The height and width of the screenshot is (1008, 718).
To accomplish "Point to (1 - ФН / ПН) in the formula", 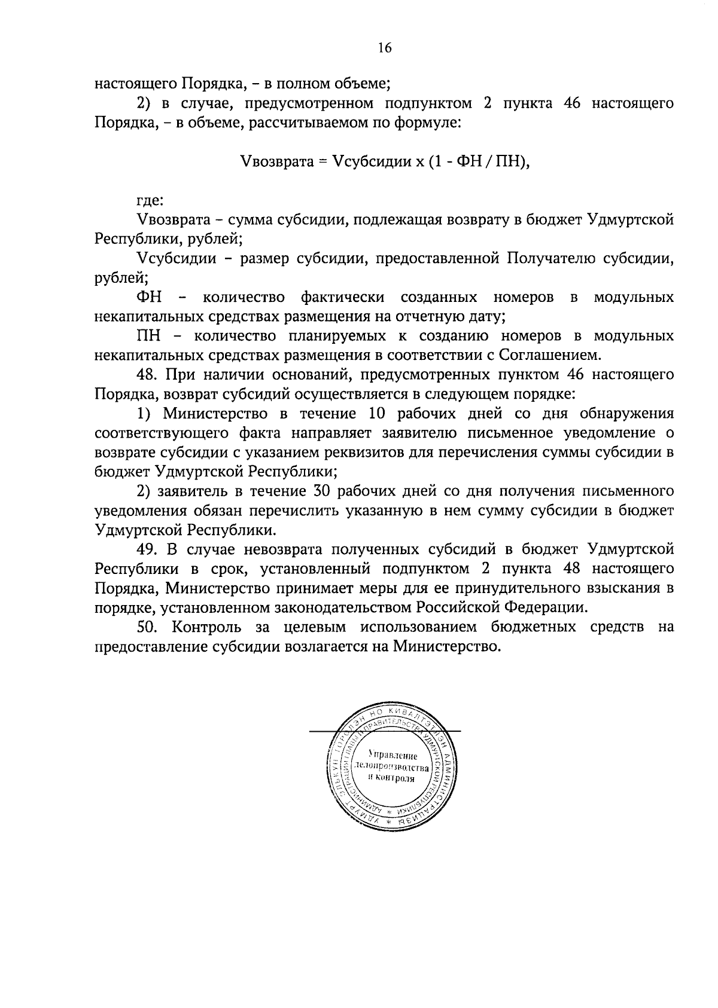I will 477,161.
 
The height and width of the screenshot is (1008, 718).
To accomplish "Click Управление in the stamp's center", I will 393,756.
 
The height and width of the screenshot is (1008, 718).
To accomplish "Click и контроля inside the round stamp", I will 391,778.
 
